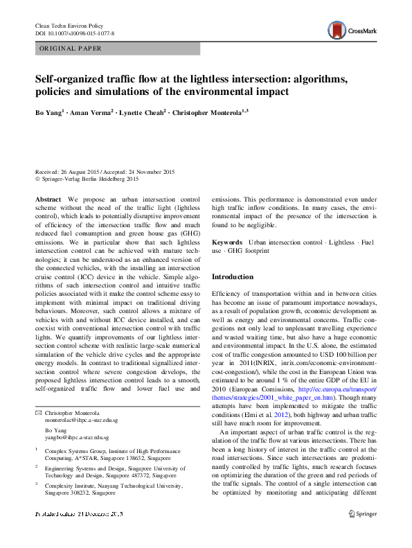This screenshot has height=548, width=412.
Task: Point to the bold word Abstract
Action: pos(48,199)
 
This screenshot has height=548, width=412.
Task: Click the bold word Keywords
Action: pos(228,242)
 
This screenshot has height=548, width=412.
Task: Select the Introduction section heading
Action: pos(233,277)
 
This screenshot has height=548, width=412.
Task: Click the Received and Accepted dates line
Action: pos(105,171)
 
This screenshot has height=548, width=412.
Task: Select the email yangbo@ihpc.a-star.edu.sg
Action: pos(72,438)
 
